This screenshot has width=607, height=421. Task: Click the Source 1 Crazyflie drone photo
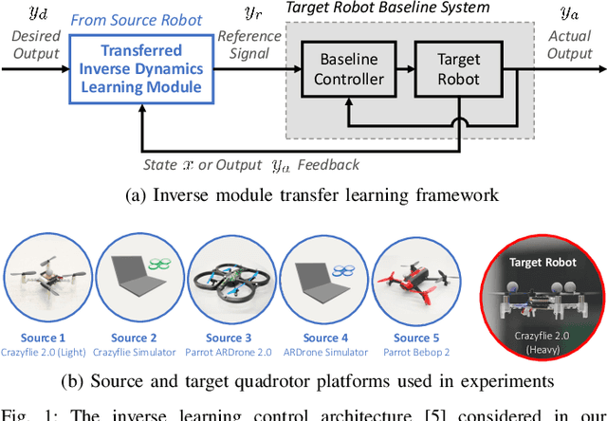point(44,281)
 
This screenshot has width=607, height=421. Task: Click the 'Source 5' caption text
point(412,338)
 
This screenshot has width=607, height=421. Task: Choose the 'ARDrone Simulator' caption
point(321,353)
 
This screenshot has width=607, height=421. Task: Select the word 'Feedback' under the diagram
point(329,165)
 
